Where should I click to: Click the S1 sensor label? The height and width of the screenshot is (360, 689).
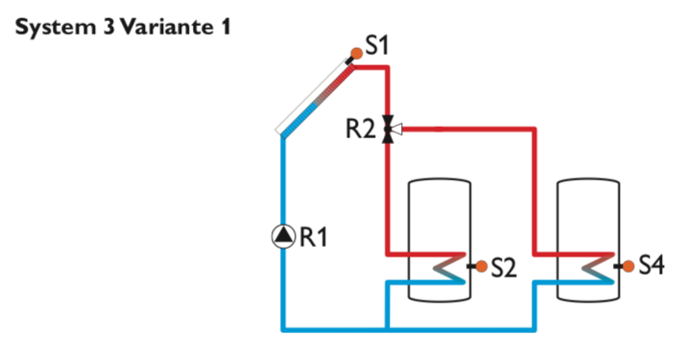[379, 45]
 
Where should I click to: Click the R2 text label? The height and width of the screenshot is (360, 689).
[361, 129]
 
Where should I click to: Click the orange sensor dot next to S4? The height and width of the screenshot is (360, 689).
[628, 266]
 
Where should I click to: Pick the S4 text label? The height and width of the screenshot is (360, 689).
[651, 266]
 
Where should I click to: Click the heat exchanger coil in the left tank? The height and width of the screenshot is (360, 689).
[446, 269]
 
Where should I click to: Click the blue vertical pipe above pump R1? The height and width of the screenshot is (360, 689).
[284, 182]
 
